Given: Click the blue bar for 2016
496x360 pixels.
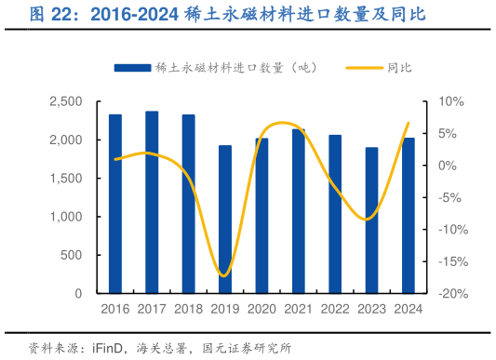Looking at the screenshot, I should coord(115,204).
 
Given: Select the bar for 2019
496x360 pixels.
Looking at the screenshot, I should coord(225,220).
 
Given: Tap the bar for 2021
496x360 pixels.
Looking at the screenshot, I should coord(299,211).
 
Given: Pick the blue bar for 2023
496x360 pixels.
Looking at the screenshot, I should coord(372,220).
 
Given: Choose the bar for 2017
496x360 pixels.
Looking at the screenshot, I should coord(152,202).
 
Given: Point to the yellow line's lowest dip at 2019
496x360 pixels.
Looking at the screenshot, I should coord(223,274).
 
